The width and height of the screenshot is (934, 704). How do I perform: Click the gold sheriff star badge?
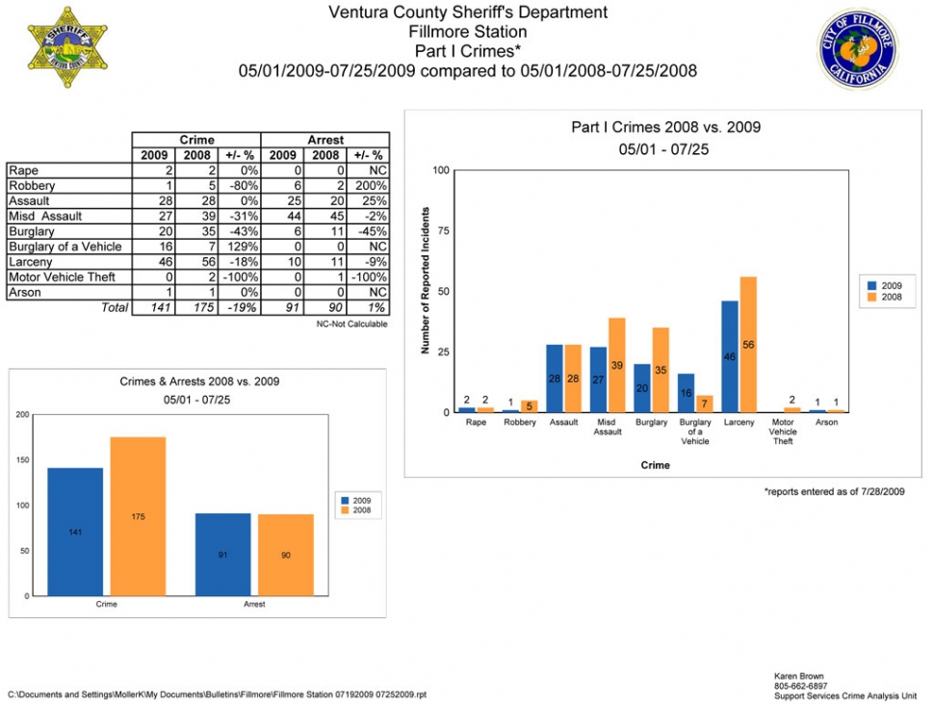[67, 47]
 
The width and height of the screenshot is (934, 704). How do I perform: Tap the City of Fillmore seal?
[857, 49]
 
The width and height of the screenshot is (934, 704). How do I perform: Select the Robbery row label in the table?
[32, 186]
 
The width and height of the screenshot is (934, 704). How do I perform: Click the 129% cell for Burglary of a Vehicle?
[240, 247]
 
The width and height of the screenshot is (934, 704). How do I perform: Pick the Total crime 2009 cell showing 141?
[154, 307]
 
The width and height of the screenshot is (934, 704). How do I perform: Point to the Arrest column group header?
[325, 140]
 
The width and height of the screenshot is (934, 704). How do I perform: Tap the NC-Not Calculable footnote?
[351, 324]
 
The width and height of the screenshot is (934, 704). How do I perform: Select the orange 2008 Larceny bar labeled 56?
[748, 344]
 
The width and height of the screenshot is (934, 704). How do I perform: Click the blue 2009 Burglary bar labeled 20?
[642, 388]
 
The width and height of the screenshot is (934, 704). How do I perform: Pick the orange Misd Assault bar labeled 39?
[616, 365]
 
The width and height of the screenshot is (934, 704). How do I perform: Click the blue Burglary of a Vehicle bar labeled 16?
[687, 393]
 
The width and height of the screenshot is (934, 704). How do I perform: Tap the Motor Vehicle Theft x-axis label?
[783, 431]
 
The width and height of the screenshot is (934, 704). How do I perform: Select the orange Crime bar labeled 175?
[139, 516]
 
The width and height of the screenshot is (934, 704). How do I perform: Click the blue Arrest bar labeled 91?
[222, 555]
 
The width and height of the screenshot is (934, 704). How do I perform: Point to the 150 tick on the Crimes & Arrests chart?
[23, 459]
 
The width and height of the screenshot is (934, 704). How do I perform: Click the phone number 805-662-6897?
[800, 686]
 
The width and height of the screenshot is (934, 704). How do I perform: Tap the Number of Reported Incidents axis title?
[426, 280]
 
